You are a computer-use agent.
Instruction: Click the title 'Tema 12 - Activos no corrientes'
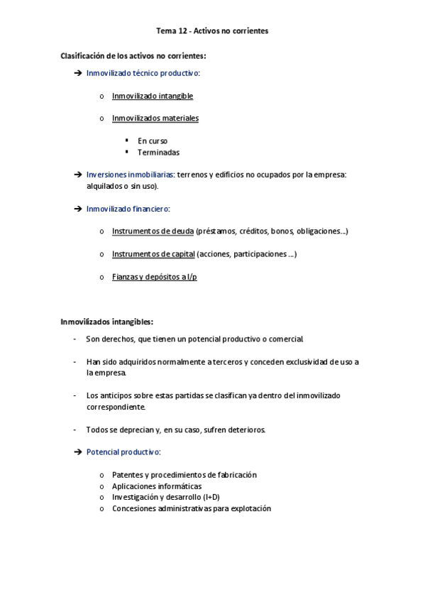[212, 31]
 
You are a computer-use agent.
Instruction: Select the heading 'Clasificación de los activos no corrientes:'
[133, 55]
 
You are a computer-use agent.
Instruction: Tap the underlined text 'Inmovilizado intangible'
[153, 96]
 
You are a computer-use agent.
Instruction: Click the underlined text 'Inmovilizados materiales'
[155, 119]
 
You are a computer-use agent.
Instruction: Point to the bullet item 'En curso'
[153, 141]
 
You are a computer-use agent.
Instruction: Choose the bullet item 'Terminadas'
[158, 153]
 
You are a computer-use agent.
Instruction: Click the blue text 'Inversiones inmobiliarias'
[130, 175]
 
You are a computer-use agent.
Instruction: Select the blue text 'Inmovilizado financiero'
[127, 209]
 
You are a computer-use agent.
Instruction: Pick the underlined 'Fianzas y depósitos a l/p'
[155, 277]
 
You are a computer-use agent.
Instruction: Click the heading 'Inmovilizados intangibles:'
[107, 322]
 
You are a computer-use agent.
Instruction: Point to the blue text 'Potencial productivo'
[123, 452]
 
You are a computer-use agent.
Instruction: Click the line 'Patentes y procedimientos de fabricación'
[184, 475]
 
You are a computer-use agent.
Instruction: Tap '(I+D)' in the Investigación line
[211, 498]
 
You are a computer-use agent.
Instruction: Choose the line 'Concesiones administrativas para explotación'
[192, 509]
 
